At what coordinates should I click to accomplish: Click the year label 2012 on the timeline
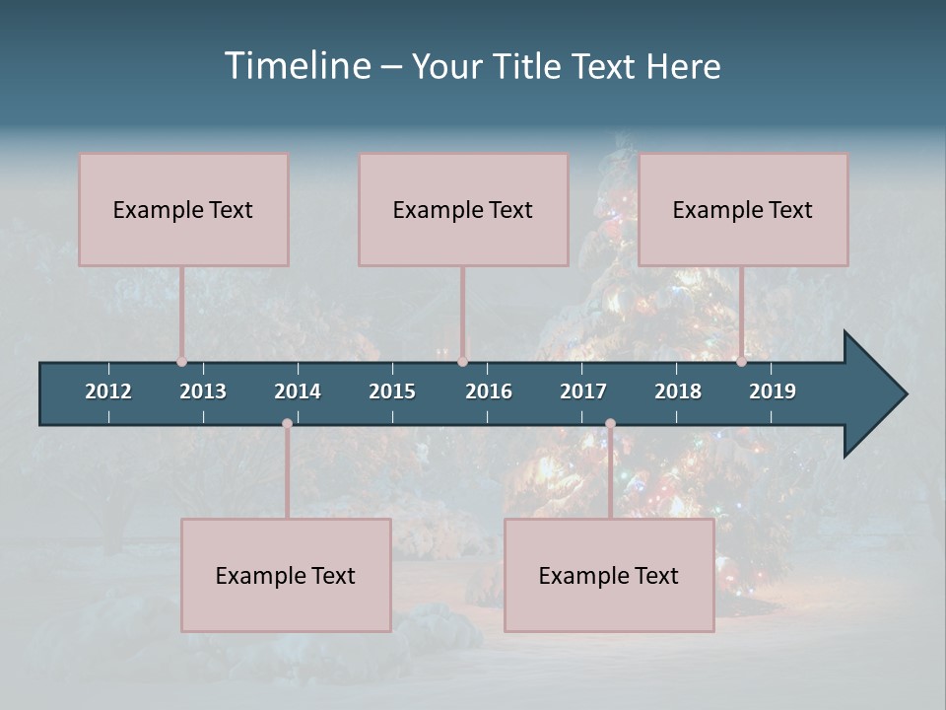(x=108, y=391)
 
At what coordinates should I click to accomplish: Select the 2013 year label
(x=203, y=391)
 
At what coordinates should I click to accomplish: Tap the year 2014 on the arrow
(x=298, y=391)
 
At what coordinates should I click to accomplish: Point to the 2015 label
(x=392, y=391)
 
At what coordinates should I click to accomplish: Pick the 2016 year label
(x=489, y=391)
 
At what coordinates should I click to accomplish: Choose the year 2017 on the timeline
(x=583, y=391)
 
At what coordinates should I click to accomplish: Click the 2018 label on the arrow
(x=678, y=391)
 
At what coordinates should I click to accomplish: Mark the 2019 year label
(x=773, y=391)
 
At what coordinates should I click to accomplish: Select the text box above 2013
(x=183, y=209)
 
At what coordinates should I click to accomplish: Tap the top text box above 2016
(x=463, y=209)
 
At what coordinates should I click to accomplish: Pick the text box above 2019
(x=743, y=209)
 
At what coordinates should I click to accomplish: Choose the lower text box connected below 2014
(x=286, y=575)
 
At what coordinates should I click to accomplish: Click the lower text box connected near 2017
(x=609, y=575)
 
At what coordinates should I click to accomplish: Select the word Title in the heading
(x=532, y=67)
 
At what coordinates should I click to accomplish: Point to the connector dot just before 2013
(x=182, y=362)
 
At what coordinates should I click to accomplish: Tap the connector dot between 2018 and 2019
(x=742, y=362)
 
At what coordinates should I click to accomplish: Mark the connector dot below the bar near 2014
(x=287, y=424)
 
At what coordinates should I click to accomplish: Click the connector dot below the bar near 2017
(x=610, y=424)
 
